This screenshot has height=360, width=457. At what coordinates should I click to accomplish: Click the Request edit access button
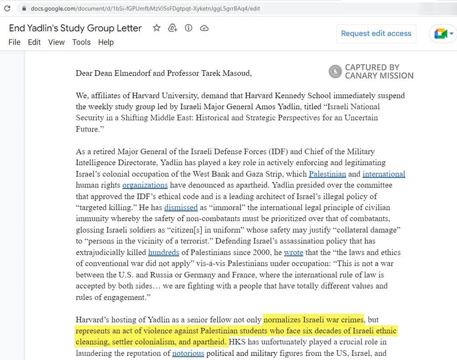(376, 33)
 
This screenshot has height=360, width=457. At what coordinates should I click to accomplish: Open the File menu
(14, 42)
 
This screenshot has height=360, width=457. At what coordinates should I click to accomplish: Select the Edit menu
(34, 42)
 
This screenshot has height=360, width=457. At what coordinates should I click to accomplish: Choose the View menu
(56, 42)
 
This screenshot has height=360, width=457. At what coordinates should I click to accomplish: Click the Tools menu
(81, 42)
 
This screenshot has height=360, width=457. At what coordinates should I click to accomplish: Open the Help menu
(106, 42)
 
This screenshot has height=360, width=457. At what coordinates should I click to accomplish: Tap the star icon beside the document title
(156, 28)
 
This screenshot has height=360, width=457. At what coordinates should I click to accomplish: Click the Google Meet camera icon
(440, 34)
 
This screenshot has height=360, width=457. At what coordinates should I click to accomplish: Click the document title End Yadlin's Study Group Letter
(75, 28)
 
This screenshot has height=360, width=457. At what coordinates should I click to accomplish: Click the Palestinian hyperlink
(326, 174)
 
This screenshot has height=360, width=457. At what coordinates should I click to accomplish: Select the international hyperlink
(383, 174)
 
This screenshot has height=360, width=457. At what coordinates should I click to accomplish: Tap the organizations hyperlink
(145, 185)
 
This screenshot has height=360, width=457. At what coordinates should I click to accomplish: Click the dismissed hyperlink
(181, 207)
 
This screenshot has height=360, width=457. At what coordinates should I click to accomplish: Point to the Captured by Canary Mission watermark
(371, 71)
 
